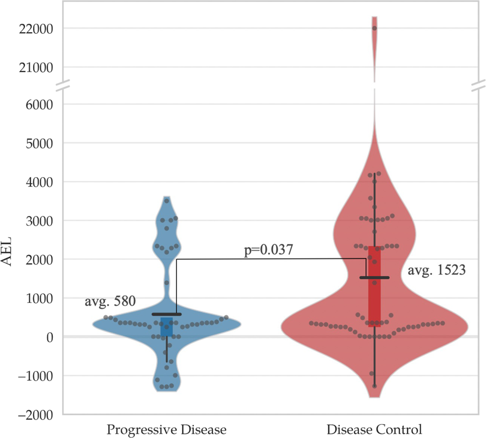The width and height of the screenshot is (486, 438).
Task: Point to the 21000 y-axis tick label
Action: pos(35,67)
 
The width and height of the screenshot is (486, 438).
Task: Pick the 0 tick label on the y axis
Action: pos(50,337)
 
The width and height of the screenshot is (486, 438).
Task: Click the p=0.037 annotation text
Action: pos(268,251)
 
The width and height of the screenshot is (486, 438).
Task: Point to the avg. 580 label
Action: pos(110,302)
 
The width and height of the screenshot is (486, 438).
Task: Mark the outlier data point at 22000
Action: pos(374,28)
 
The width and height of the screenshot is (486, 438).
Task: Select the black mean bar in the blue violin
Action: pos(167,314)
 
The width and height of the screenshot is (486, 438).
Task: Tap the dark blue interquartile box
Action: pos(167,327)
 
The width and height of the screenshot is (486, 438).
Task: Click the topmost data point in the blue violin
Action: pos(167,201)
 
